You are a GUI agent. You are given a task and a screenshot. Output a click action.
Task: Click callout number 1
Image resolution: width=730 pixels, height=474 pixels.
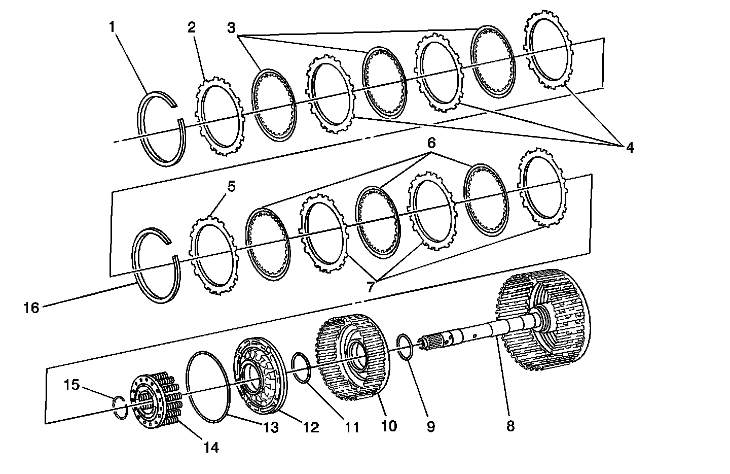(112, 26)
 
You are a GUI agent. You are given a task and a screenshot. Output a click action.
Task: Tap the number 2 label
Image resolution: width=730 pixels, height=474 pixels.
(191, 27)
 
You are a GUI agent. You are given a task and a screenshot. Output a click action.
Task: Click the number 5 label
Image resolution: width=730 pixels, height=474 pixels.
(231, 186)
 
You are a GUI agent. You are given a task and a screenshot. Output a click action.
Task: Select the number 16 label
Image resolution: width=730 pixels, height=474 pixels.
(31, 308)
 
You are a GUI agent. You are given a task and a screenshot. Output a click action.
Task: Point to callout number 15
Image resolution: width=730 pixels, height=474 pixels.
(71, 385)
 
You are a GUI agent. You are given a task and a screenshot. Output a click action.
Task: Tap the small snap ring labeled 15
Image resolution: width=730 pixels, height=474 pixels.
(120, 408)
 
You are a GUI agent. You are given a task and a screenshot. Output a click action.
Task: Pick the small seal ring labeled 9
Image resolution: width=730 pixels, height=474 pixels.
(405, 347)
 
